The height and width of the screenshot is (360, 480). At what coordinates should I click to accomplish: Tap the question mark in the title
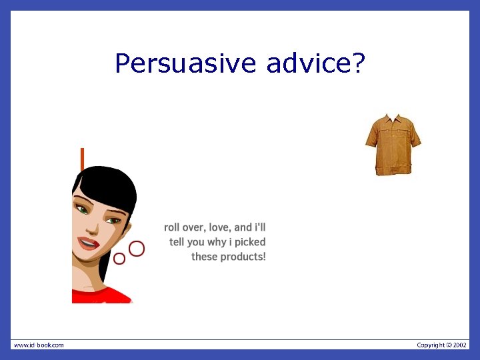pos(358,64)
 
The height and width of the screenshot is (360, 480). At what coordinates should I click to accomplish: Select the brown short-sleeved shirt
pos(393,144)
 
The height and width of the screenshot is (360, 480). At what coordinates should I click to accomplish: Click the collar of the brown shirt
pos(393,117)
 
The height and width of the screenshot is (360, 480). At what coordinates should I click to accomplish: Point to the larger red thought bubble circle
pos(137,249)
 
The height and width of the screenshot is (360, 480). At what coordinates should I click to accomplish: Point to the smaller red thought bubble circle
pos(119,258)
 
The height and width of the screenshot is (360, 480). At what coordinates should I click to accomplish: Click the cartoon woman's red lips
pos(89,242)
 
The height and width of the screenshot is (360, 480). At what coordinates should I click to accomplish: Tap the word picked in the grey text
pos(250,242)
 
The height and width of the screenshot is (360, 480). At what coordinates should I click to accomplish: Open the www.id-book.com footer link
pos(39,345)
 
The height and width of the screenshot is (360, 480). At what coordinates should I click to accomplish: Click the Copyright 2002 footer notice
pos(442,345)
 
